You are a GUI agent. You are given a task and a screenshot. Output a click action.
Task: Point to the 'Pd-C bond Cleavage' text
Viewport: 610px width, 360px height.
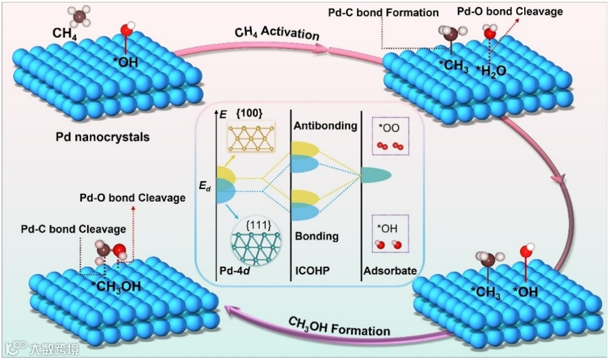click(73, 229)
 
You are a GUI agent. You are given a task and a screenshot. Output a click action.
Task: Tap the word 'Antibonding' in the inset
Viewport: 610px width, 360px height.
click(325, 125)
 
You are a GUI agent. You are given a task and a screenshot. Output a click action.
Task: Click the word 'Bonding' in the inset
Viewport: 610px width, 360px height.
click(316, 236)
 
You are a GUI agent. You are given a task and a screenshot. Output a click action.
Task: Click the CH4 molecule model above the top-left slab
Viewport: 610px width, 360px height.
click(80, 15)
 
